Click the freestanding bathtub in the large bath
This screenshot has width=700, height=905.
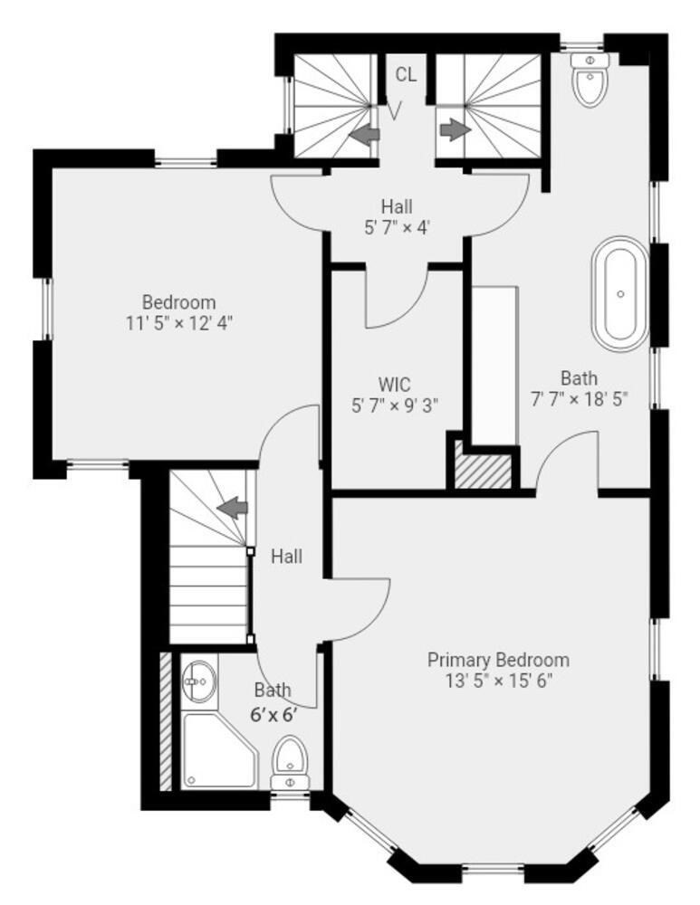[x=621, y=292]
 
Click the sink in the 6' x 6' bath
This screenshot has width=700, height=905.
[x=199, y=679]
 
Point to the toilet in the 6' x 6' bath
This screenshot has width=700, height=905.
[x=290, y=760]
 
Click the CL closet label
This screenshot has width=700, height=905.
[x=407, y=74]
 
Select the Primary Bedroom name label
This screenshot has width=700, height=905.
[x=498, y=660]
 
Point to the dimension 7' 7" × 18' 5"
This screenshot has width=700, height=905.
[x=579, y=398]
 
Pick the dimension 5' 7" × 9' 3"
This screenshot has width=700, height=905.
[x=395, y=405]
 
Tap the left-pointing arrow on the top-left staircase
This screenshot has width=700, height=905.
[x=365, y=135]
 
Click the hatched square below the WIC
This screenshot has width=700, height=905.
[x=483, y=471]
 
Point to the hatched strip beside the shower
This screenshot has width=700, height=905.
[x=166, y=720]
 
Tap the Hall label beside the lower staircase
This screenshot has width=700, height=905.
[x=286, y=556]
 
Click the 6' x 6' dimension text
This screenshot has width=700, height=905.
[x=273, y=713]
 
